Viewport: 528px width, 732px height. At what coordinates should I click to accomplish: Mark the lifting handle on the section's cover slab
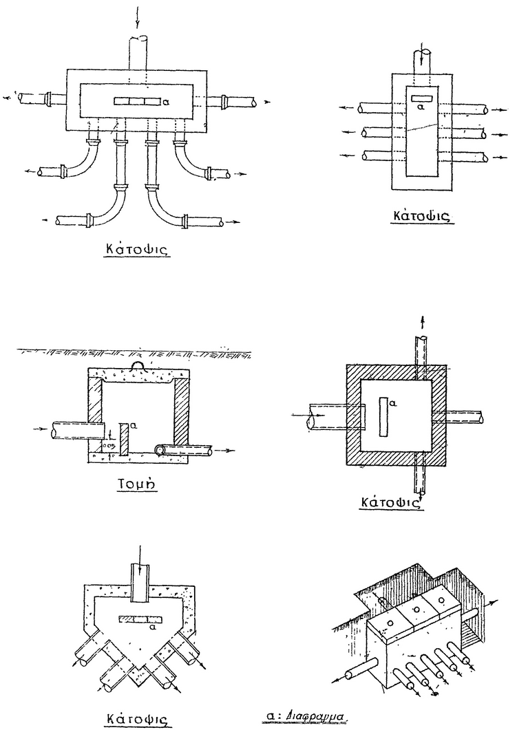[x=136, y=367]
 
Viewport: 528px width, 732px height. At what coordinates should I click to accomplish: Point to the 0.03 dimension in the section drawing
[x=107, y=446]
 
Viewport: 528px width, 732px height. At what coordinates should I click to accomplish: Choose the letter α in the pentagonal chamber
[x=153, y=627]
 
